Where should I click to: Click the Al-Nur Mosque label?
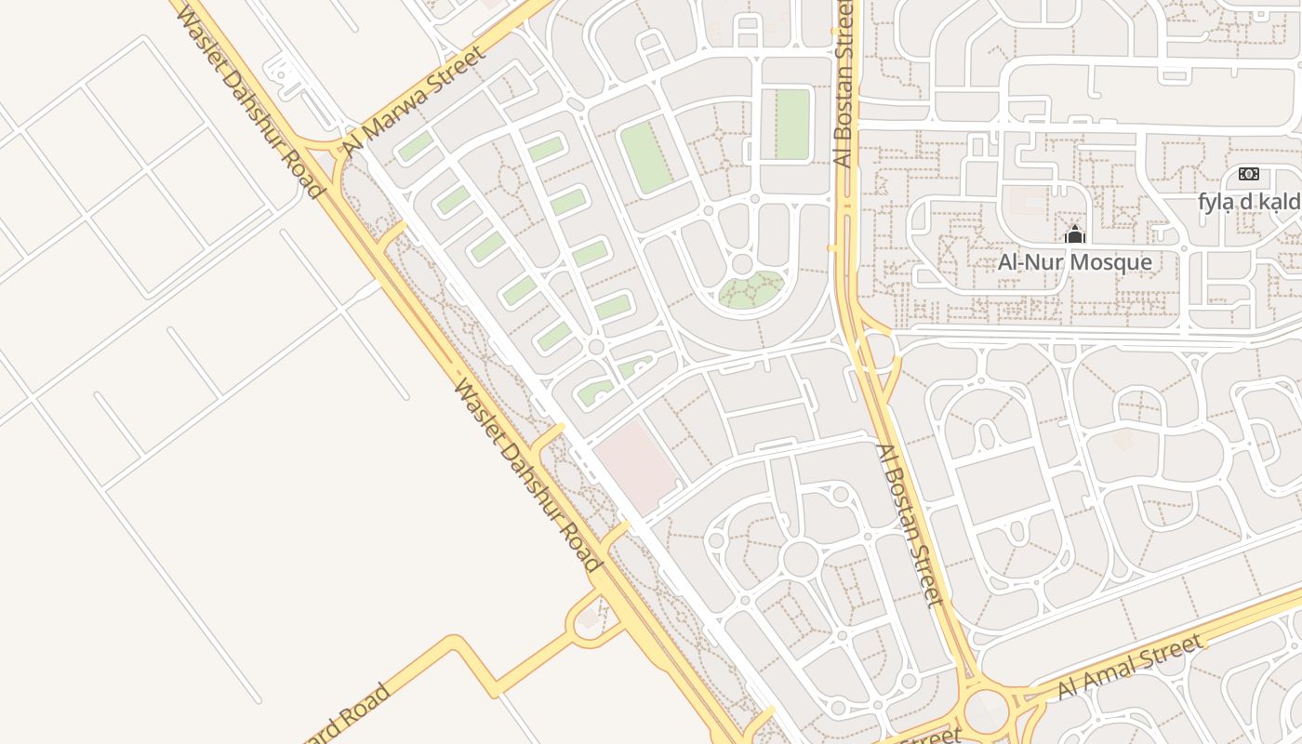pos(1074,262)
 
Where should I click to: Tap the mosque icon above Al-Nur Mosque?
pos(1075,234)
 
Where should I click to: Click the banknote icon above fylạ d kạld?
pos(1248,174)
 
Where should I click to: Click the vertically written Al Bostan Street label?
pos(844,84)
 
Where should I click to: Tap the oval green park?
pos(751,290)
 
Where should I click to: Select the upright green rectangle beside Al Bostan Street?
pos(792,124)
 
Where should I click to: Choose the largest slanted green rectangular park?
pos(646,157)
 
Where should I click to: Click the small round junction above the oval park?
pos(741,264)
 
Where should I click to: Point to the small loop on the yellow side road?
pos(589,618)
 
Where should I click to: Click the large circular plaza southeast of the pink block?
pos(799,558)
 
